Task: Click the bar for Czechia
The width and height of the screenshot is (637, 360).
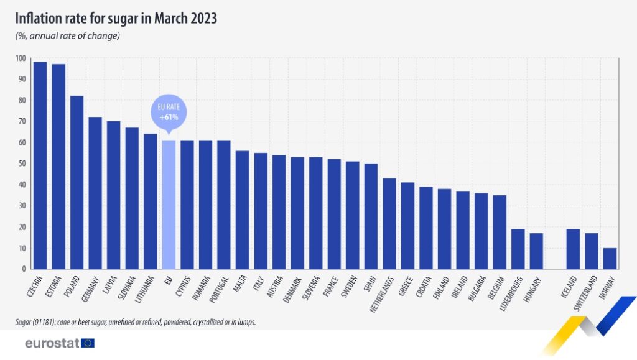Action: click(40, 165)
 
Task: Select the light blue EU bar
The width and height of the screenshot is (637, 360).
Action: click(169, 205)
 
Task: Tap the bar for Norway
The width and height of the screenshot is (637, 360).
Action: click(610, 259)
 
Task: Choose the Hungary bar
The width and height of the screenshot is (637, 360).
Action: click(536, 251)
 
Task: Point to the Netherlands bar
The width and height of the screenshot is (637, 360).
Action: click(389, 224)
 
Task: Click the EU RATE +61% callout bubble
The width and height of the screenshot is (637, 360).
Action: click(169, 113)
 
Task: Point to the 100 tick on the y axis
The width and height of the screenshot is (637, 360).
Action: click(21, 58)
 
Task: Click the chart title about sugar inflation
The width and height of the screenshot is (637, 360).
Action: click(116, 19)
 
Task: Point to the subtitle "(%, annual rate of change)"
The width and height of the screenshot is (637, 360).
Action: click(68, 35)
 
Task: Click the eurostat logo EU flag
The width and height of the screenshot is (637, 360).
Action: click(88, 343)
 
